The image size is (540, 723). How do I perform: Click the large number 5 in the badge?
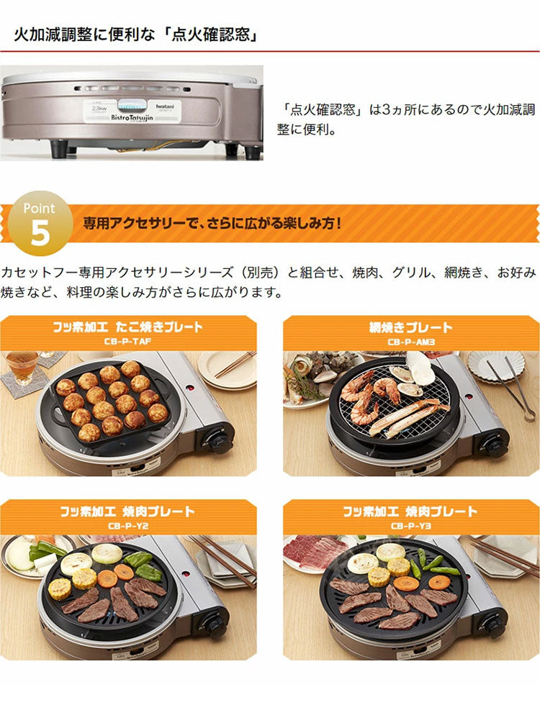pos(40,235)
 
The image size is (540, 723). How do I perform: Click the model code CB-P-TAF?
pos(128,342)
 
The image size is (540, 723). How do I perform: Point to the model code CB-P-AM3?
pos(410,342)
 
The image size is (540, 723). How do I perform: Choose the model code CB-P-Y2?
pos(128,526)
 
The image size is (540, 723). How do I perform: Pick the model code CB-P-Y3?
pos(410,526)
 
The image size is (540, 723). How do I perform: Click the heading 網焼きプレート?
pos(410,328)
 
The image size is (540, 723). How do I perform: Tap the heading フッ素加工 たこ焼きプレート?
pos(128,328)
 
